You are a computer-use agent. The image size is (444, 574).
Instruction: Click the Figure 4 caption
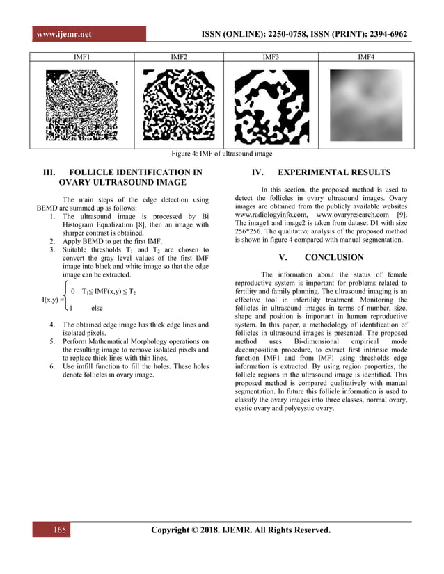pyautogui.click(x=222, y=154)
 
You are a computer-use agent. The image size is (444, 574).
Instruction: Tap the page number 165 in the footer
pyautogui.click(x=60, y=532)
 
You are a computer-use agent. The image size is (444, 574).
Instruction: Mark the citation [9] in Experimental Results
pyautogui.click(x=400, y=215)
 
